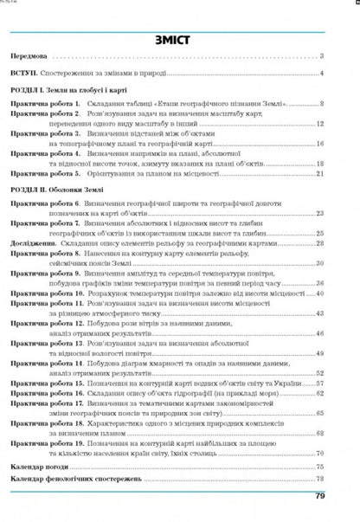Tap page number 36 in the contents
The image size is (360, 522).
(319, 283)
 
